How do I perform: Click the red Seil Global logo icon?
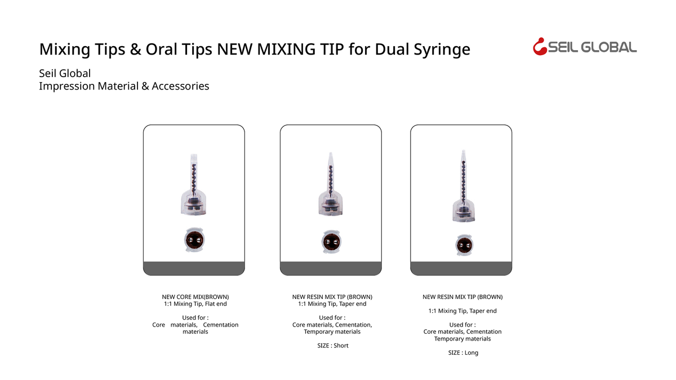(x=540, y=47)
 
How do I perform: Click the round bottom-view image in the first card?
(x=194, y=241)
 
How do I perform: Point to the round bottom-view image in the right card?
(x=464, y=245)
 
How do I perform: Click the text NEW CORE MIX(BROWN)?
(x=195, y=297)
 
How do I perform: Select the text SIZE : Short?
(x=333, y=346)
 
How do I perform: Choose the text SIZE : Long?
(x=463, y=352)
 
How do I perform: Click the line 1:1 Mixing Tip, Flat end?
(x=195, y=304)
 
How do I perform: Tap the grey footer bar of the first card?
(x=194, y=269)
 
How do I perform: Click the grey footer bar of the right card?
(x=461, y=269)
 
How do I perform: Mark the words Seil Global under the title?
(x=65, y=74)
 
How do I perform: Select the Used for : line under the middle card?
(x=332, y=318)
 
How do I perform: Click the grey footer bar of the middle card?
(x=331, y=269)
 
